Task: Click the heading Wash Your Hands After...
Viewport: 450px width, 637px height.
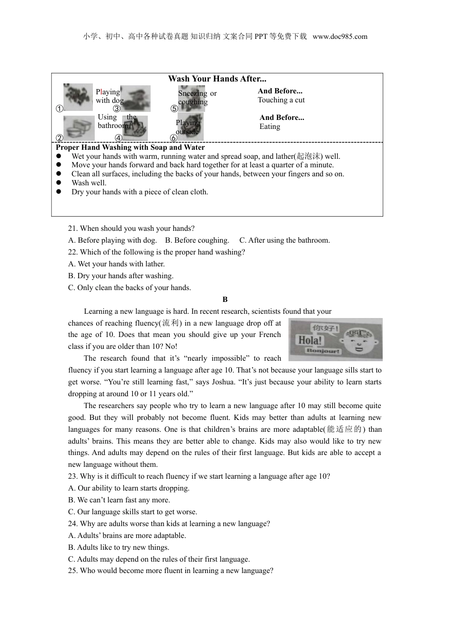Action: click(217, 79)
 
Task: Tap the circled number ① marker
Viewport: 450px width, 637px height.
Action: click(59, 109)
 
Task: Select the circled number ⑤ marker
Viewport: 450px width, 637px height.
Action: click(174, 109)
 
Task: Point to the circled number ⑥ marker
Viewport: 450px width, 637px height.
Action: click(173, 138)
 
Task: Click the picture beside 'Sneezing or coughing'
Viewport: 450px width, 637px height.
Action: click(191, 98)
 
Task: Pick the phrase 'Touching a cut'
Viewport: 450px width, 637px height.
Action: click(281, 100)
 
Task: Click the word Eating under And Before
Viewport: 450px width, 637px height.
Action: click(270, 127)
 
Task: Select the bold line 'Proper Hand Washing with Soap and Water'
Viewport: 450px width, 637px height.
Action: click(130, 147)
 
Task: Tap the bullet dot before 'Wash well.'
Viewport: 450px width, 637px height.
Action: click(59, 183)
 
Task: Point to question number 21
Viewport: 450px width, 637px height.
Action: click(72, 228)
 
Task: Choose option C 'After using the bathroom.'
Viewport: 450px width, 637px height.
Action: click(284, 240)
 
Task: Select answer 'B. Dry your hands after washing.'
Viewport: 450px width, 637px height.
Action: click(121, 276)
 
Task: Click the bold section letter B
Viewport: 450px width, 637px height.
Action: click(225, 300)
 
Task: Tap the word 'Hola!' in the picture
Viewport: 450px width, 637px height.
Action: click(309, 340)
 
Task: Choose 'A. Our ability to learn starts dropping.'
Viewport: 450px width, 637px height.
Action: click(129, 488)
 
